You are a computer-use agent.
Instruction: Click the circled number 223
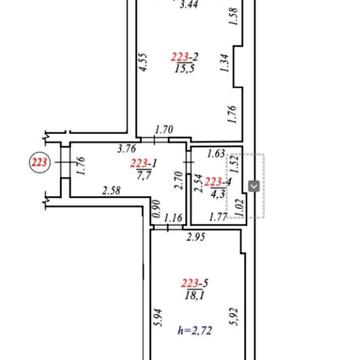40,163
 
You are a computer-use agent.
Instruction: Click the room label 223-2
185,57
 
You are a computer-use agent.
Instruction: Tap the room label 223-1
144,163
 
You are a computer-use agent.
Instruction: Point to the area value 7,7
144,175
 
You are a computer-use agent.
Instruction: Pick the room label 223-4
218,182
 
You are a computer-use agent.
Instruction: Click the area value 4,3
218,194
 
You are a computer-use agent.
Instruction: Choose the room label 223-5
195,283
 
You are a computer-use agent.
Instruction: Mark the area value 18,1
194,295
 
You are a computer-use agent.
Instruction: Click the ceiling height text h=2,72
195,331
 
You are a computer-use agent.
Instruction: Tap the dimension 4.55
144,62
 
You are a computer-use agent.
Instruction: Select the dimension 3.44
189,4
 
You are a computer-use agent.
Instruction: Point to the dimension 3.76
126,149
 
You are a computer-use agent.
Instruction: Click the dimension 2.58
112,191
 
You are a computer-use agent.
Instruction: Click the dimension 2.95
196,237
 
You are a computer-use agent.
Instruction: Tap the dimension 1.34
225,63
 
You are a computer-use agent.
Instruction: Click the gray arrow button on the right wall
254,186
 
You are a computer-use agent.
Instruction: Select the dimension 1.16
174,218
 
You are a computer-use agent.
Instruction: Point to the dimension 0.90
156,208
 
